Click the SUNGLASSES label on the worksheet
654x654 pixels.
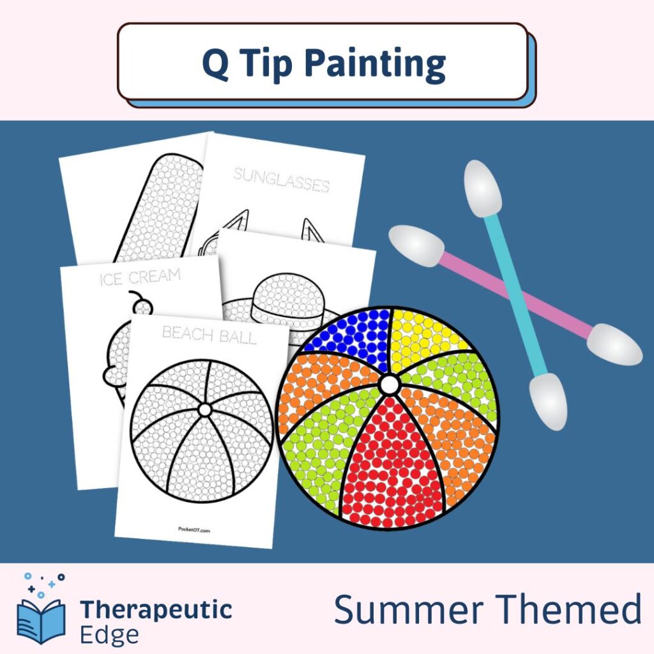click(x=282, y=180)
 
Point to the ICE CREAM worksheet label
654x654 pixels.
click(x=140, y=278)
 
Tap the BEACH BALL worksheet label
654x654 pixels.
click(x=209, y=334)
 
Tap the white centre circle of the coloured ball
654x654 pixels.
click(x=388, y=384)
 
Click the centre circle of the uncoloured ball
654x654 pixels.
click(x=205, y=409)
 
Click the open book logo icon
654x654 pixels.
click(x=42, y=619)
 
